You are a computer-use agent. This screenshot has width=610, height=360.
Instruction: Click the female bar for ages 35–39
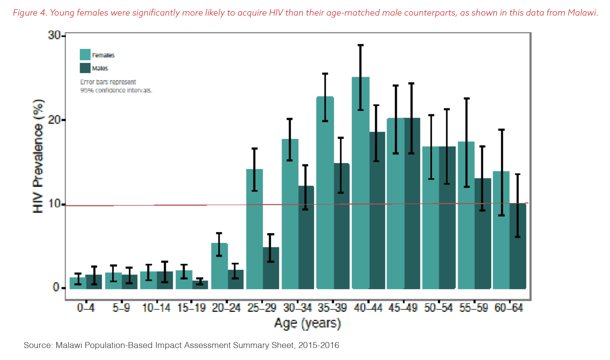click(x=325, y=192)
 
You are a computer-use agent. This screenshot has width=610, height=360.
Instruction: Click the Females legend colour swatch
click(x=85, y=55)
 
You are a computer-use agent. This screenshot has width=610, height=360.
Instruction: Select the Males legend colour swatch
click(x=85, y=68)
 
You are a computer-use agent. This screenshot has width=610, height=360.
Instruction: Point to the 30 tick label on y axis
click(x=54, y=35)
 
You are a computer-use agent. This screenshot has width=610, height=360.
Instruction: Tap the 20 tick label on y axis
click(x=54, y=120)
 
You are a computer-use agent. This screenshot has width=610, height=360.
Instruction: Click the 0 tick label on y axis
click(x=56, y=287)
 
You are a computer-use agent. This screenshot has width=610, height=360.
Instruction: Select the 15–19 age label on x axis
click(x=191, y=308)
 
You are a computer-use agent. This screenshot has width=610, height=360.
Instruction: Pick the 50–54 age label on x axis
click(x=439, y=308)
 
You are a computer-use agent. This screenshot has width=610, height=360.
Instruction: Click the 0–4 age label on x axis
click(x=86, y=308)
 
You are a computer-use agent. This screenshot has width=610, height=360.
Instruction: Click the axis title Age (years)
click(x=307, y=323)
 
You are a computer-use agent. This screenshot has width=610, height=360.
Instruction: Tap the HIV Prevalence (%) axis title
click(x=38, y=156)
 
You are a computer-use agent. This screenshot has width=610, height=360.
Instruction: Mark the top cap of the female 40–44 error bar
click(x=361, y=45)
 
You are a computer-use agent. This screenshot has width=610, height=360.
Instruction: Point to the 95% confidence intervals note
click(x=116, y=90)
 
